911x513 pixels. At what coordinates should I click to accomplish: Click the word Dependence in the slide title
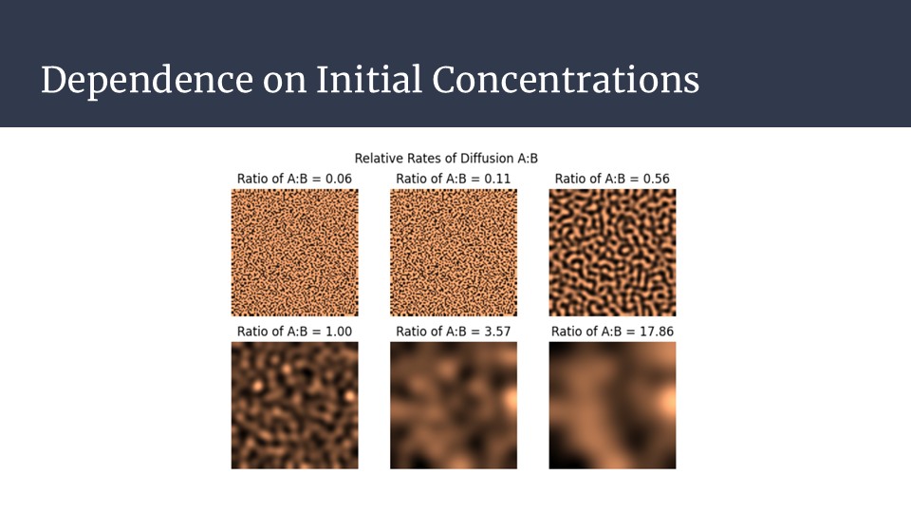coord(147,81)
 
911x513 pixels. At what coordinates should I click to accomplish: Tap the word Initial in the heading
coord(369,79)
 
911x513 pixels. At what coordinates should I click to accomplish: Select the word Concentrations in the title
coord(566,79)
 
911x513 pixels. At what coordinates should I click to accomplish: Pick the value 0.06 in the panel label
coord(338,179)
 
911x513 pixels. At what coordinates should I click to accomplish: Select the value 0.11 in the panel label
coord(497,179)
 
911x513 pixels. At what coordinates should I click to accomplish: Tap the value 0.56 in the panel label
coord(656,179)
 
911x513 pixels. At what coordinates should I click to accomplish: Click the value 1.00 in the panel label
coord(338,332)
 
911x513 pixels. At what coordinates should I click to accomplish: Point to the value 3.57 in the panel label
coord(497,332)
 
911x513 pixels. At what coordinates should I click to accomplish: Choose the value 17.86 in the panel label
coord(657,332)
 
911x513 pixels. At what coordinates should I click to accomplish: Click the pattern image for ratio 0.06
coord(294,253)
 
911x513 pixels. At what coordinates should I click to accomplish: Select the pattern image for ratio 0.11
coord(454,253)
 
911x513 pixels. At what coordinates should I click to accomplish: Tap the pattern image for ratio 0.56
coord(612,253)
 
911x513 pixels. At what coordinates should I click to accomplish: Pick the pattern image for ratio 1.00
coord(294,406)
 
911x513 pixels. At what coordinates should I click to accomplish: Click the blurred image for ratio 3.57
coord(454,406)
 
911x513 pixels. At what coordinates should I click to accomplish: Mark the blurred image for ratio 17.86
coord(612,406)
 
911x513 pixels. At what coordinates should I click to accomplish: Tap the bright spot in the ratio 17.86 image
coord(667,401)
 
